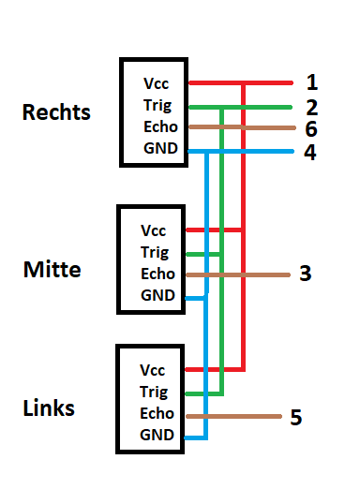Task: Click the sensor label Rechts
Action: coord(56,112)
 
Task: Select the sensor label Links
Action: coord(49,408)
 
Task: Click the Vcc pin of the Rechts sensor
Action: coord(157,83)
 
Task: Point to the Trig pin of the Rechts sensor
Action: coord(157,105)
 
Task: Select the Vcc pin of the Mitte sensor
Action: coord(153,230)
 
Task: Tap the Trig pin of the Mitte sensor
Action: coord(153,252)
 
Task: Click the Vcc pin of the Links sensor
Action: coord(151,370)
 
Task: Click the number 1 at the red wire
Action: coord(312,82)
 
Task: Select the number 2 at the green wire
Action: coord(312,107)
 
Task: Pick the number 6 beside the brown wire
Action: coord(311,129)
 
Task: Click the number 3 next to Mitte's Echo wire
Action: coord(305,274)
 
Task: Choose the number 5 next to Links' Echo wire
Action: coord(295,417)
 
